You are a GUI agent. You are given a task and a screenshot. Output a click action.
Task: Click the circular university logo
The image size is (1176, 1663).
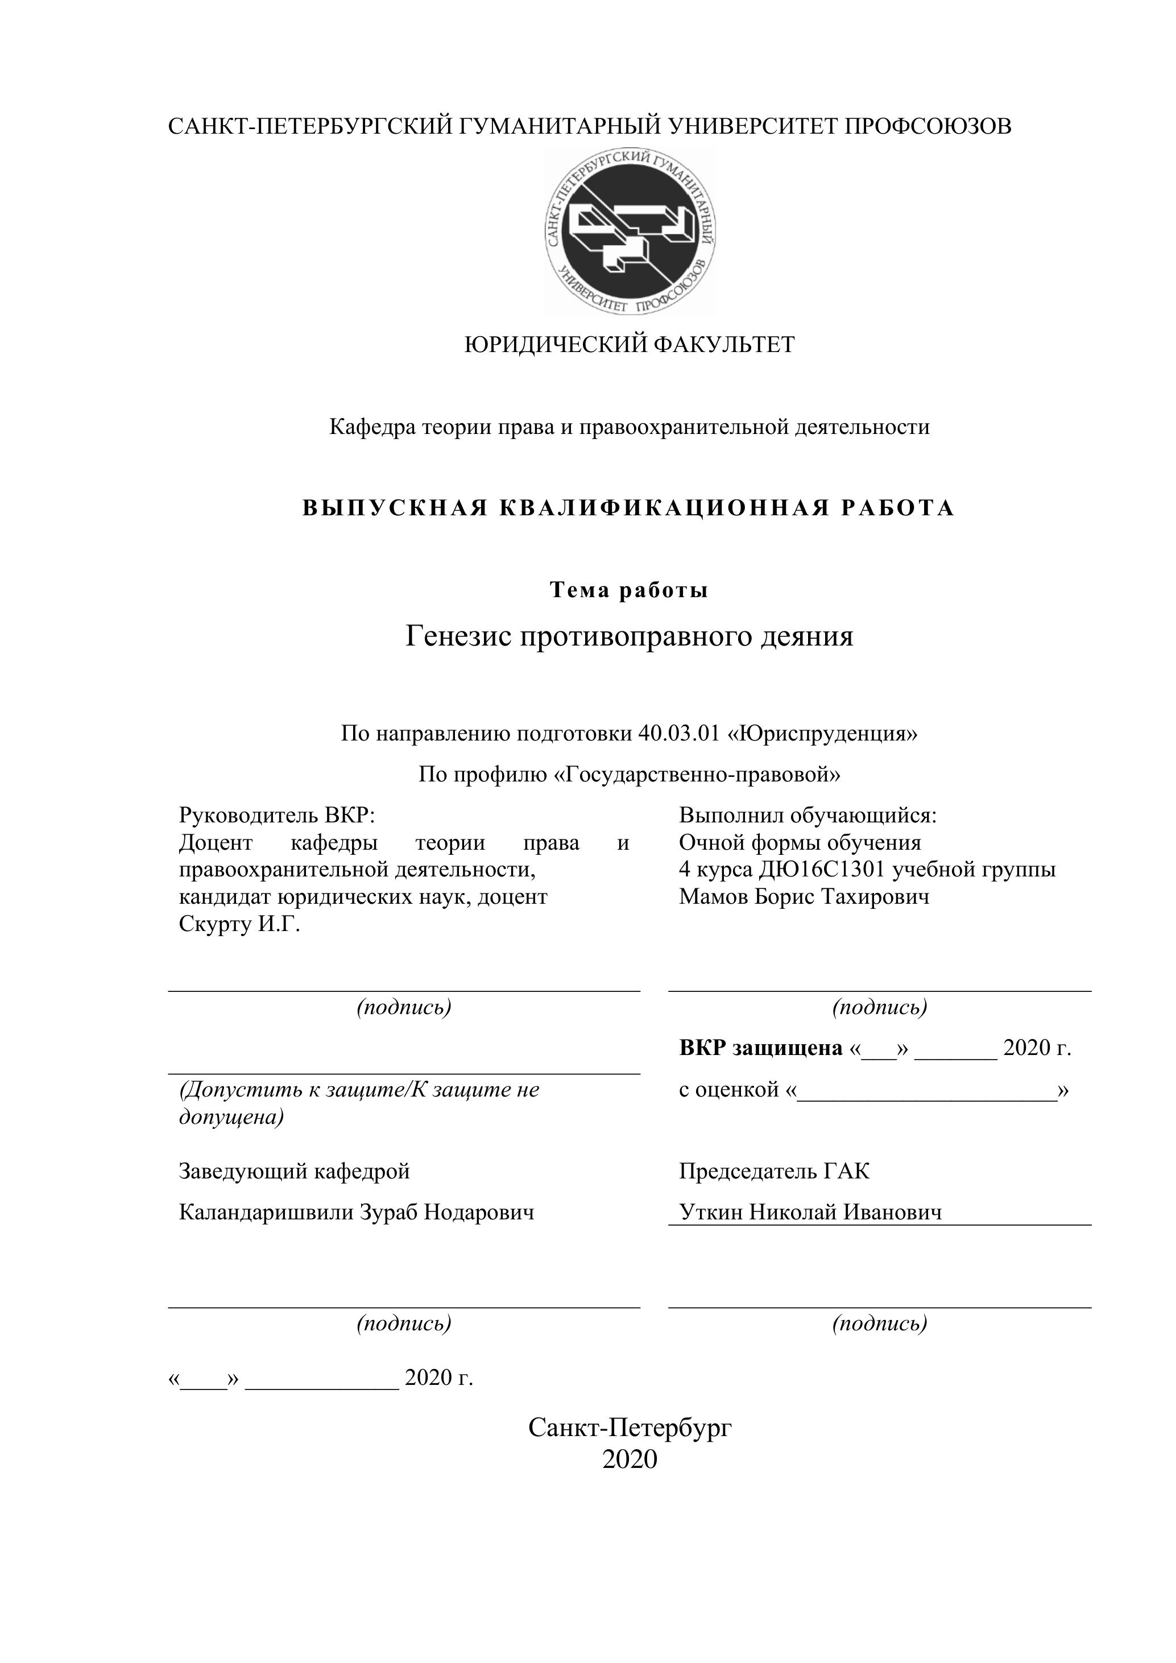pos(630,232)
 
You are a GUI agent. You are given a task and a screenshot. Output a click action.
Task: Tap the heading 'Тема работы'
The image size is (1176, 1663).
pos(628,590)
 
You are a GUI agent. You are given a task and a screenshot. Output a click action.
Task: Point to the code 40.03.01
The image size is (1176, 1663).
pos(678,734)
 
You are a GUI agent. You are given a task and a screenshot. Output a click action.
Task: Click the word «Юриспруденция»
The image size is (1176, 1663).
pos(822,734)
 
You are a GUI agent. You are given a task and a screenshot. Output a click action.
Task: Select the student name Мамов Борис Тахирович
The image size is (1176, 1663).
pos(804,897)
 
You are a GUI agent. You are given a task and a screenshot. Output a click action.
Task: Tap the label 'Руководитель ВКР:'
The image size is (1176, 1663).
pos(276,816)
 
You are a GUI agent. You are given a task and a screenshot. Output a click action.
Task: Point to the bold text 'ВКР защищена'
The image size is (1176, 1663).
pos(760,1048)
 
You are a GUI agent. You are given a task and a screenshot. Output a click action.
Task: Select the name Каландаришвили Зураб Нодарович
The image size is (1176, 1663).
pos(357,1213)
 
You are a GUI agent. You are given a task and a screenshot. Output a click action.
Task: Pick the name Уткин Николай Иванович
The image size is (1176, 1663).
pos(810,1213)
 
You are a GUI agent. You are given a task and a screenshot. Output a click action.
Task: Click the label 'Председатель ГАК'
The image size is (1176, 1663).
pos(774,1171)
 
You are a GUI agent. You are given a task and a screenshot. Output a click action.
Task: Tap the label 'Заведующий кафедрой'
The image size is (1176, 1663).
pos(294,1171)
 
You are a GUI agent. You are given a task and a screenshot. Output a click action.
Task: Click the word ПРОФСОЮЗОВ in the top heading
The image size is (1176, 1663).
pos(928,127)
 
